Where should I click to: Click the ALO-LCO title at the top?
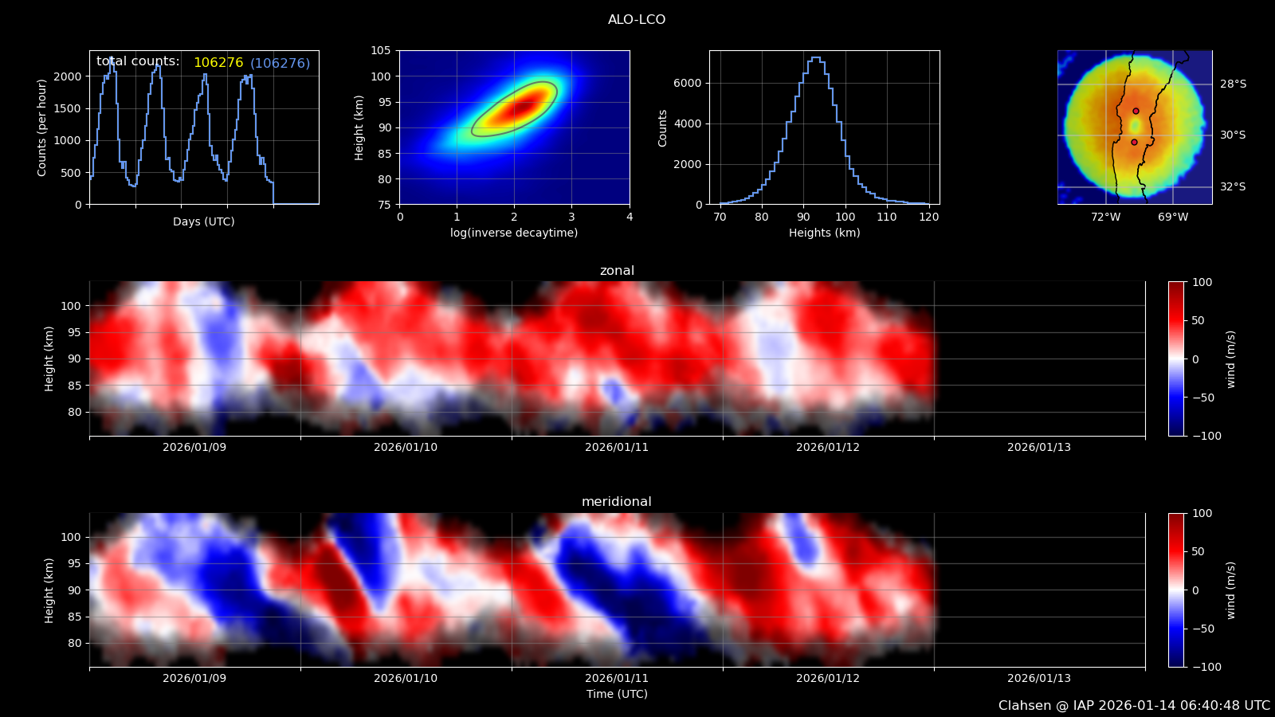point(637,20)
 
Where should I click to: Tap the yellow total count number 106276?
point(218,63)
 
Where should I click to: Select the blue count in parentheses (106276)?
point(280,63)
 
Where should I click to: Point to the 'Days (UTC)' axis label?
point(204,221)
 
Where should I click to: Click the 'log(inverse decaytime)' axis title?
point(514,233)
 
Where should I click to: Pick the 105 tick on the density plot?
point(381,50)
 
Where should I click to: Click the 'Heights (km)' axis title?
point(825,233)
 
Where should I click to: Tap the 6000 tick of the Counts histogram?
point(688,83)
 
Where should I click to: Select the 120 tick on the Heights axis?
point(928,217)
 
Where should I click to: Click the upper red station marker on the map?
point(1136,111)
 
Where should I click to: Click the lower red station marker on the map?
point(1134,142)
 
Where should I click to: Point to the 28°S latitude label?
point(1233,84)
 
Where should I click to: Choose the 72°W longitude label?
point(1106,217)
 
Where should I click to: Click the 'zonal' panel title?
point(617,271)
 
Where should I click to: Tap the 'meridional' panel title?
point(617,502)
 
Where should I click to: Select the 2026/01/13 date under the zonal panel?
point(1039,447)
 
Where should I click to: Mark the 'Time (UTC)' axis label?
point(617,694)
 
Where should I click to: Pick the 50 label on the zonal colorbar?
point(1198,320)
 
